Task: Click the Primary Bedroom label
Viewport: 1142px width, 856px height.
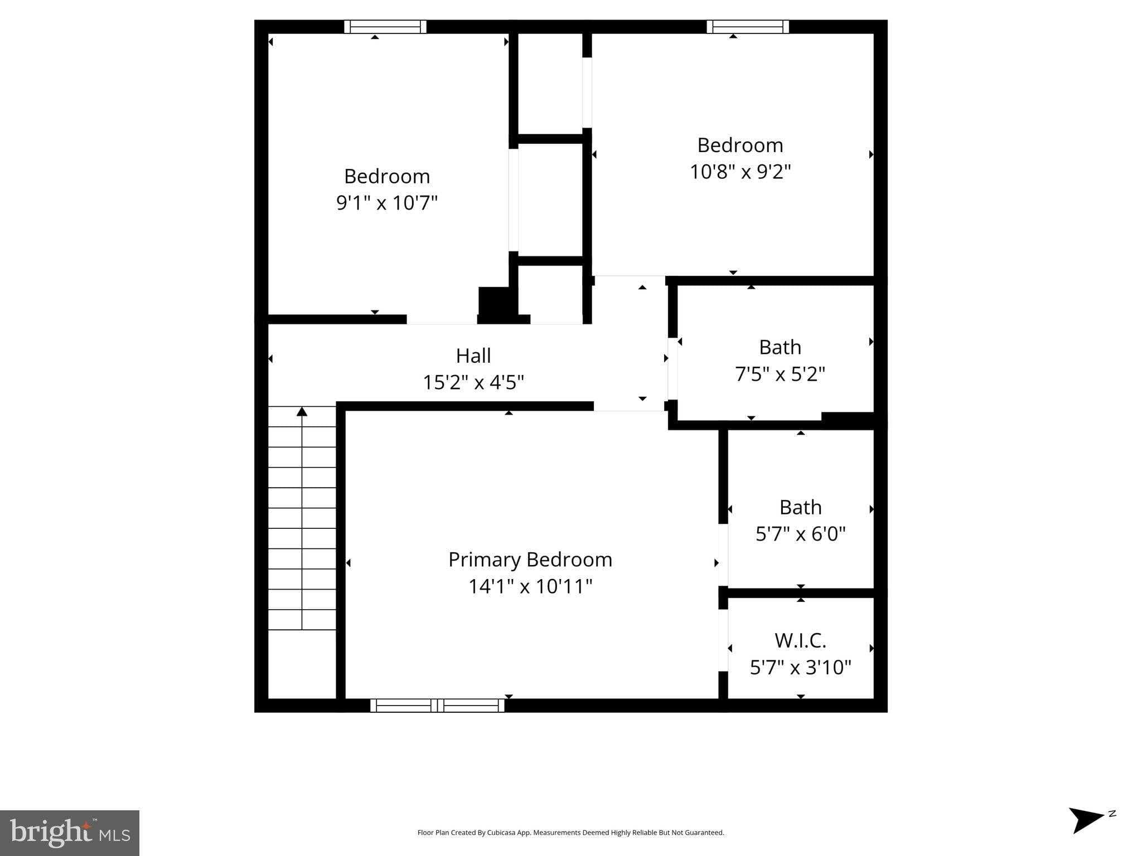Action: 530,560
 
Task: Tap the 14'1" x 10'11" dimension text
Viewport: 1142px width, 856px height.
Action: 530,586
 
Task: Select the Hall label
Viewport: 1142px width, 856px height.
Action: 473,356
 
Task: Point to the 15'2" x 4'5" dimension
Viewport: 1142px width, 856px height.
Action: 473,382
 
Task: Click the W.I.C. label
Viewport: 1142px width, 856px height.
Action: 800,641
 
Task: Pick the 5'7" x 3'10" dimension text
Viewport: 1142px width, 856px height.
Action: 800,667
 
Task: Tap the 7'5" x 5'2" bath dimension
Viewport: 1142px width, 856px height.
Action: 780,373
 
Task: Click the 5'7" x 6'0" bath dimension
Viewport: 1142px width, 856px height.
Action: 800,534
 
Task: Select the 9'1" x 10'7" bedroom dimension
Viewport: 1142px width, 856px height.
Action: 386,202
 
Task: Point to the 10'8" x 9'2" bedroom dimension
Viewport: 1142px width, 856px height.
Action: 740,171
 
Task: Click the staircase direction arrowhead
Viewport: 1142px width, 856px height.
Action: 302,412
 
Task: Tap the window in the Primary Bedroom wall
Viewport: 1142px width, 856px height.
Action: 437,706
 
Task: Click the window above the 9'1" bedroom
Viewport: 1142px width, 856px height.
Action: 385,27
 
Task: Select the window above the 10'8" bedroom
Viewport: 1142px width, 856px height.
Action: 747,27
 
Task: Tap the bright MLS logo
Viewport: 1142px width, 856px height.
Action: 70,833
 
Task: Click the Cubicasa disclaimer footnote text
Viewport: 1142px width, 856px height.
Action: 570,833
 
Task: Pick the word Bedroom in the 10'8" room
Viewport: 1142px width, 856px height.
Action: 740,145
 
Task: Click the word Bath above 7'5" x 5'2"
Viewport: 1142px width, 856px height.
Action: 780,347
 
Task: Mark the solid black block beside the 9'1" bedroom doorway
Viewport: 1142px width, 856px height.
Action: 495,304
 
